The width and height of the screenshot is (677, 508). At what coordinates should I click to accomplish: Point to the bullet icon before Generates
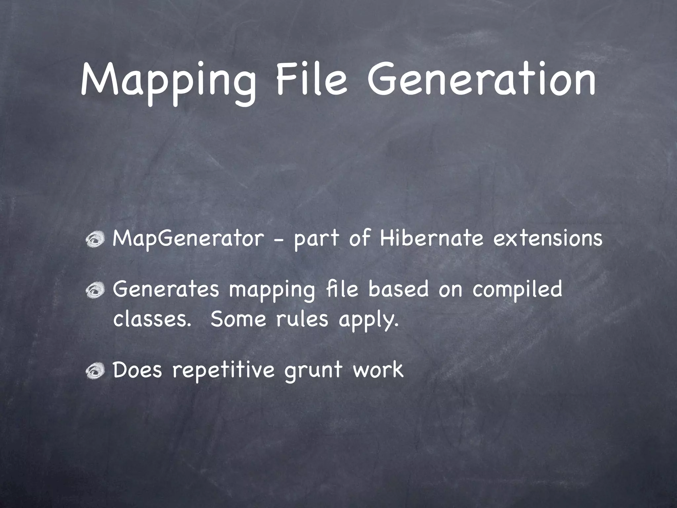(96, 290)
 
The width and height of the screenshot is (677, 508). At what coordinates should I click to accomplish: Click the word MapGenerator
(188, 239)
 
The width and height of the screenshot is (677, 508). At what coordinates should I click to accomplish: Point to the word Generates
(166, 289)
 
